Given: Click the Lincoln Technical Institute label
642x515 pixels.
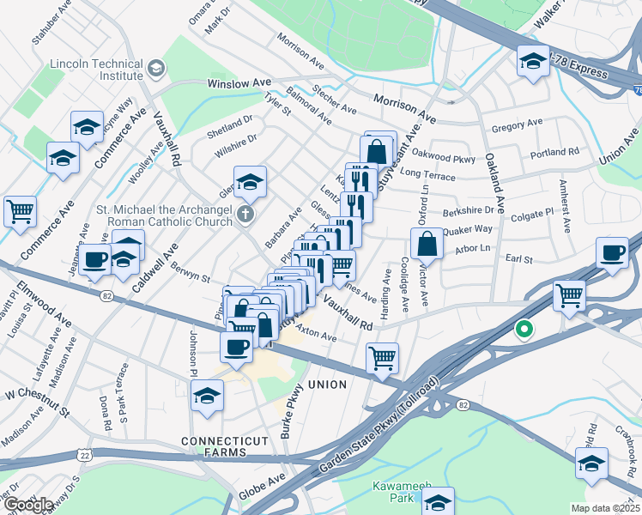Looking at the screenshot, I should pyautogui.click(x=95, y=70).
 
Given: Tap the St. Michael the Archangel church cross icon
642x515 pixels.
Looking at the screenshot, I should pyautogui.click(x=245, y=214).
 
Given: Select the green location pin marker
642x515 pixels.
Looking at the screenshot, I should pyautogui.click(x=522, y=329).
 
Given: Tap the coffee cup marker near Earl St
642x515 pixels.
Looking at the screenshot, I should pyautogui.click(x=613, y=253).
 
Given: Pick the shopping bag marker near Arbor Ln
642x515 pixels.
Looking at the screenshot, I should pyautogui.click(x=427, y=245).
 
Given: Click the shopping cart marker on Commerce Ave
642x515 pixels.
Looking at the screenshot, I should pyautogui.click(x=20, y=210).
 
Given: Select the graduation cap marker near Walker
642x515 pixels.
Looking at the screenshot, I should pyautogui.click(x=532, y=61).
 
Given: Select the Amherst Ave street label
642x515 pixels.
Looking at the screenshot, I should pyautogui.click(x=565, y=206).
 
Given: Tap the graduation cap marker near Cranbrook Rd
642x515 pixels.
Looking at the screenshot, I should pyautogui.click(x=591, y=463).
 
